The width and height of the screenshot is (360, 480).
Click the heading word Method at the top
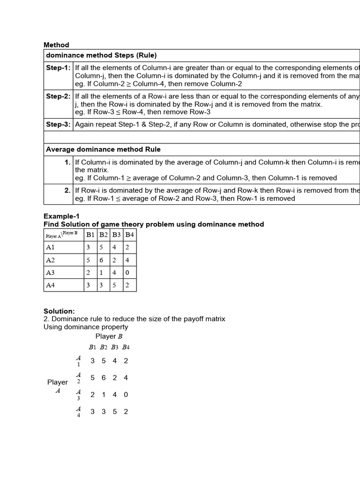[56, 45]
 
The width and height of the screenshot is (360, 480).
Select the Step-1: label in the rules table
[58, 68]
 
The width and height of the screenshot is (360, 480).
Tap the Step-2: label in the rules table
[58, 97]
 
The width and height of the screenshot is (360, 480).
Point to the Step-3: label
[58, 124]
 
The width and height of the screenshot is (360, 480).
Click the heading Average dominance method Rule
[103, 149]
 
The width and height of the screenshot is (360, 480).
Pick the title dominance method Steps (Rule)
[101, 55]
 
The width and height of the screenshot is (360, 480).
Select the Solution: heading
[59, 311]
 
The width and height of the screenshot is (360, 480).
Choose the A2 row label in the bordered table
[50, 260]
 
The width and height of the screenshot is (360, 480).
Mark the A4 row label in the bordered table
[50, 285]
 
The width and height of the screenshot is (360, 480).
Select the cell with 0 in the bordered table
[129, 272]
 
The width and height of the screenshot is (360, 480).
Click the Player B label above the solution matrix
[109, 336]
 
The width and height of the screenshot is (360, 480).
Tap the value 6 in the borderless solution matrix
[104, 378]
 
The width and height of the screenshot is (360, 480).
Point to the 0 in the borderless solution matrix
[126, 395]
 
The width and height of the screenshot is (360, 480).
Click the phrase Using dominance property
[86, 327]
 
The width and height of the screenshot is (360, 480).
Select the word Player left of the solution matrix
[58, 382]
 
